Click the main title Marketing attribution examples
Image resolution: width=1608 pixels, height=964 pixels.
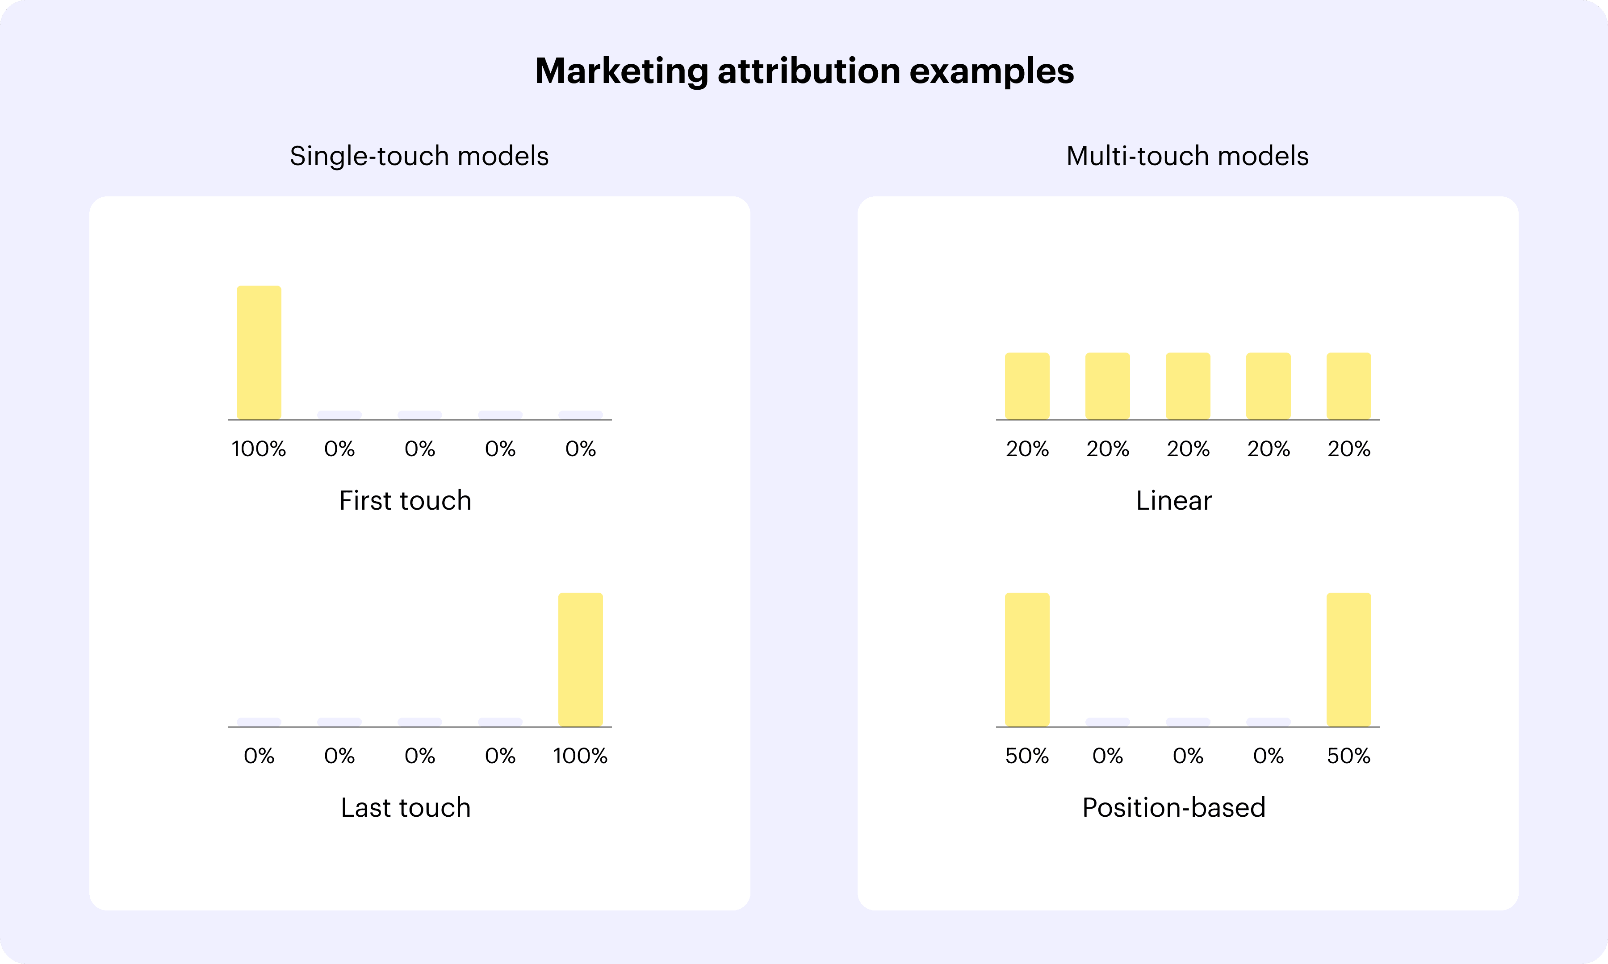pyautogui.click(x=804, y=71)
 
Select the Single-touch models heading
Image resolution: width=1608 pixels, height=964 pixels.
pyautogui.click(x=419, y=156)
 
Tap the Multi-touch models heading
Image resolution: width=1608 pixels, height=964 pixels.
pyautogui.click(x=1188, y=156)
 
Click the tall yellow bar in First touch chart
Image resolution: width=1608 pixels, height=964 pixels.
pyautogui.click(x=259, y=353)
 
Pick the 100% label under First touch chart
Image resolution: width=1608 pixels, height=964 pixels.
pyautogui.click(x=259, y=449)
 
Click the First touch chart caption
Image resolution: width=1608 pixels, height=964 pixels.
pyautogui.click(x=405, y=501)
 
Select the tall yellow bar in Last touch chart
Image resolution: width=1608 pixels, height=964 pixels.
pyautogui.click(x=580, y=659)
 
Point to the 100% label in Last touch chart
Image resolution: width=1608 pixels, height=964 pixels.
pyautogui.click(x=580, y=756)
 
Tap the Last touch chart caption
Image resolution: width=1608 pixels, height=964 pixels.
pyautogui.click(x=406, y=807)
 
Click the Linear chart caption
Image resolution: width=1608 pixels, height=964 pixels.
pyautogui.click(x=1174, y=501)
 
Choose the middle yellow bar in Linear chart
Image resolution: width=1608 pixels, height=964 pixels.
pyautogui.click(x=1188, y=386)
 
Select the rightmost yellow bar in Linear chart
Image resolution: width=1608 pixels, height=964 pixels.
pyautogui.click(x=1348, y=386)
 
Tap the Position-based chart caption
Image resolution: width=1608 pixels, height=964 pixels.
pyautogui.click(x=1174, y=807)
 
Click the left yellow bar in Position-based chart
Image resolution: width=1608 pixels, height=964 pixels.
pyautogui.click(x=1027, y=659)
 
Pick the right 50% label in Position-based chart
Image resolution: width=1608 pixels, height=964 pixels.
pyautogui.click(x=1348, y=756)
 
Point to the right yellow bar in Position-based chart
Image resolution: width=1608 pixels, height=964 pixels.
pyautogui.click(x=1348, y=659)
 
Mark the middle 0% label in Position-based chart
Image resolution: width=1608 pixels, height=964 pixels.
pyautogui.click(x=1188, y=756)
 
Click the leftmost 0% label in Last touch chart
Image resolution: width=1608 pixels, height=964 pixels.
pyautogui.click(x=259, y=756)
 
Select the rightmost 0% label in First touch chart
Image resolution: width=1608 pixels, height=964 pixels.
pyautogui.click(x=580, y=449)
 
